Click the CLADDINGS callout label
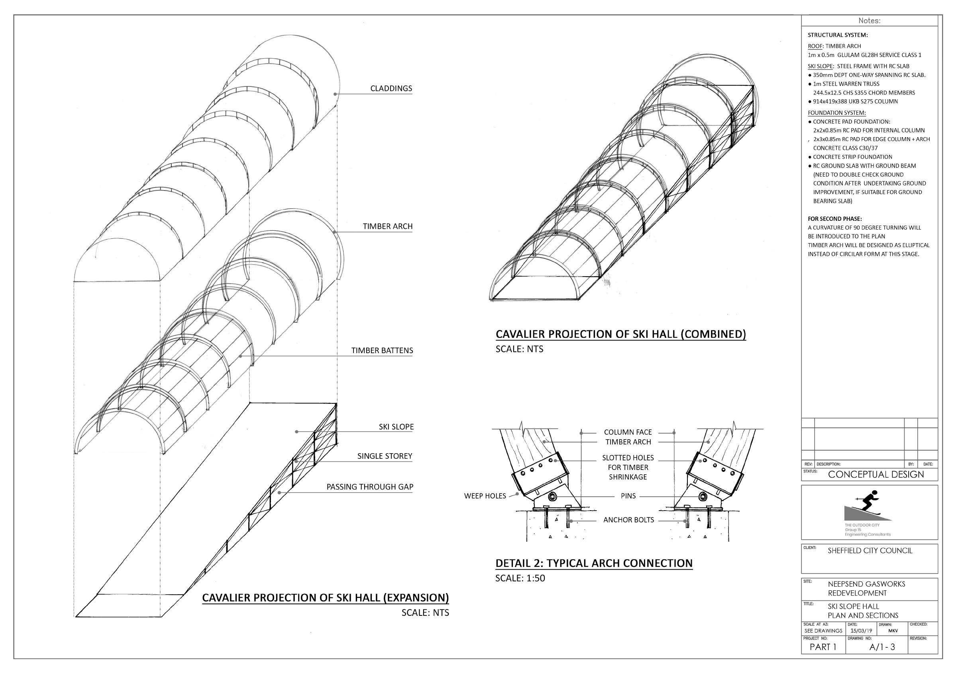tap(391, 88)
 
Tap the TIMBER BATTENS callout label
tap(382, 351)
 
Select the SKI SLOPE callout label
tap(396, 427)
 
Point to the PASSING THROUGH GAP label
tap(370, 487)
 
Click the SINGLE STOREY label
tap(384, 456)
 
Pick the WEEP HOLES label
tap(485, 496)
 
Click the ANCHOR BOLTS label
tap(628, 520)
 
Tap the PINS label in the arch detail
tap(628, 496)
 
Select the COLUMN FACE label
tap(628, 432)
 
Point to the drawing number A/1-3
tap(882, 647)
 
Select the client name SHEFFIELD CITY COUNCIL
tap(870, 550)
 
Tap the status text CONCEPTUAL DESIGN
tap(876, 474)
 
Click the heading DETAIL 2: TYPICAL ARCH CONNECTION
tap(594, 564)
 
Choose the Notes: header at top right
tap(869, 21)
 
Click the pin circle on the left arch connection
tap(554, 497)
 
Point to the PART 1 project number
tap(823, 647)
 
